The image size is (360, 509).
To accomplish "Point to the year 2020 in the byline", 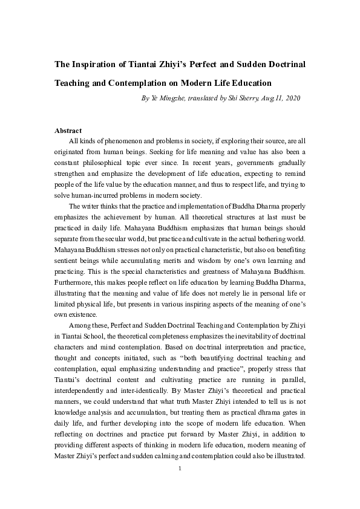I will pyautogui.click(x=292, y=98).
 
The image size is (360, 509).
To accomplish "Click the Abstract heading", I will pyautogui.click(x=68, y=131).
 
